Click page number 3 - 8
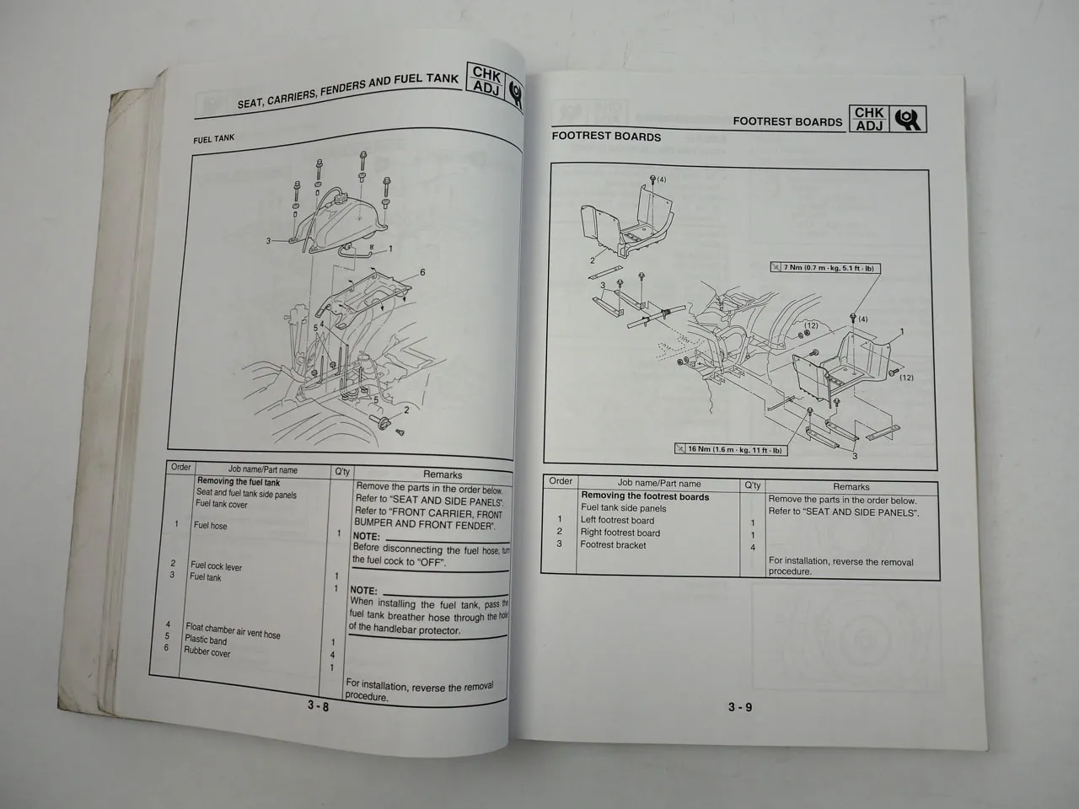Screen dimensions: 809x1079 318,706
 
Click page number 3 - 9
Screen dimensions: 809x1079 740,707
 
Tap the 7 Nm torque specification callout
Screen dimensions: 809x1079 823,268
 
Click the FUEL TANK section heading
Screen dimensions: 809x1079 213,139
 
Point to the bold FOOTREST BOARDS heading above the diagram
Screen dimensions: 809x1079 606,136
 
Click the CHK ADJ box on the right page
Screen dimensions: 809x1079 869,119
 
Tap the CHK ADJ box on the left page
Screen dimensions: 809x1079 486,82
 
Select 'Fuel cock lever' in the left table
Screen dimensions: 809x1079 216,566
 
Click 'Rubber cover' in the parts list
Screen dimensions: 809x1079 207,652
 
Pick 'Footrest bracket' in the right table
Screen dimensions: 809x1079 613,544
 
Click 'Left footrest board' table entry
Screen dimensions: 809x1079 617,520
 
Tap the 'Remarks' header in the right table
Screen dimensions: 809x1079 851,486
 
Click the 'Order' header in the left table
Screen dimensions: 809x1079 180,467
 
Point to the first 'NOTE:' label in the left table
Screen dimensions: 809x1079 366,536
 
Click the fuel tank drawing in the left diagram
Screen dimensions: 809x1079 341,219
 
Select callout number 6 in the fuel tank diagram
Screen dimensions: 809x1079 422,272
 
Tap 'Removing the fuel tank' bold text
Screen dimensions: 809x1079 239,482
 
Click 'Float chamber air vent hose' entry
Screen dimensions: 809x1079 233,630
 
